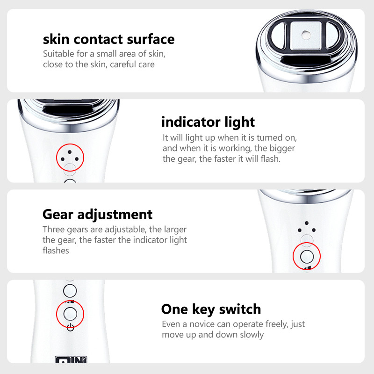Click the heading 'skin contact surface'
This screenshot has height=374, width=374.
pos(109,39)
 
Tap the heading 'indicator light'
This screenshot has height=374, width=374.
pos(208,122)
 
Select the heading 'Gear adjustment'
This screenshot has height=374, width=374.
pos(97,215)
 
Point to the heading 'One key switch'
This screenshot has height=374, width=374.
pos(211,309)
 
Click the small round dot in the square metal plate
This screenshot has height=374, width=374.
pos(306,35)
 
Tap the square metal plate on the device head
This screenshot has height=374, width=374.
pos(306,36)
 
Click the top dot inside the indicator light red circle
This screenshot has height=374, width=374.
pos(69,152)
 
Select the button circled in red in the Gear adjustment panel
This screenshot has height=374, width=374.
pos(307,256)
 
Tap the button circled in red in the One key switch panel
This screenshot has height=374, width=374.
pos(70,314)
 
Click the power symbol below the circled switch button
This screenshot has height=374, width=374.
pos(71,327)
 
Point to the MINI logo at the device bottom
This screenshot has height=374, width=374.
pos(71,360)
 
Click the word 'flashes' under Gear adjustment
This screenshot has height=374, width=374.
pos(56,251)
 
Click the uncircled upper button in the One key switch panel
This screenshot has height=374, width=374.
pos(70,291)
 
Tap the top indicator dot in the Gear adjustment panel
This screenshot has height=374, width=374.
pos(307,223)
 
